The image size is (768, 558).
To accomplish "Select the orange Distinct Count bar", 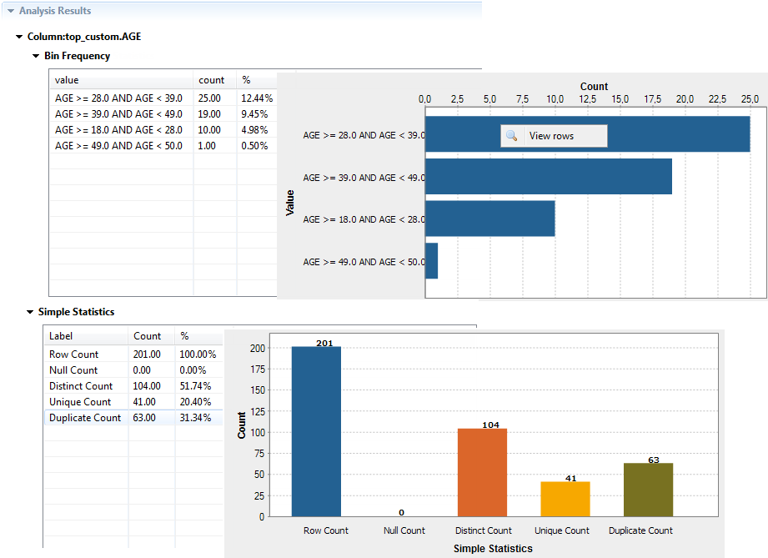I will [482, 472].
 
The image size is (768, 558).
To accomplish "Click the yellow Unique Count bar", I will [565, 499].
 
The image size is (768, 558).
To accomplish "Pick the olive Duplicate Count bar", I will [648, 490].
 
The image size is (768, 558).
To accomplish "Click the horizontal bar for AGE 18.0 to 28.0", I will [490, 219].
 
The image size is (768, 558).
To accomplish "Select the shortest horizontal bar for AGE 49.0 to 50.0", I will [432, 261].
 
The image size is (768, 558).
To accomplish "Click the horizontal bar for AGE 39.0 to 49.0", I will [549, 177].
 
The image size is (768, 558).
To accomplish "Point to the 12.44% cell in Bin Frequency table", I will [257, 98].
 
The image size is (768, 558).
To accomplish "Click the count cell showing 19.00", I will [209, 114].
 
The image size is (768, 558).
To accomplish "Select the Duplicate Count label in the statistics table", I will [85, 418].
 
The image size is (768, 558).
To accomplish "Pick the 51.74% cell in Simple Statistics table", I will [195, 386].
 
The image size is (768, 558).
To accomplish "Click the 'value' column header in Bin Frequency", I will [67, 80].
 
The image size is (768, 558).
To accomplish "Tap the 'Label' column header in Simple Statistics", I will [61, 336].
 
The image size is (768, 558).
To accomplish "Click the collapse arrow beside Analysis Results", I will [10, 11].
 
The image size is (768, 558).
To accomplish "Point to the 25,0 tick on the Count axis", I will [750, 99].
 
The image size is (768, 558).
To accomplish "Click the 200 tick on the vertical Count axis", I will [259, 348].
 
